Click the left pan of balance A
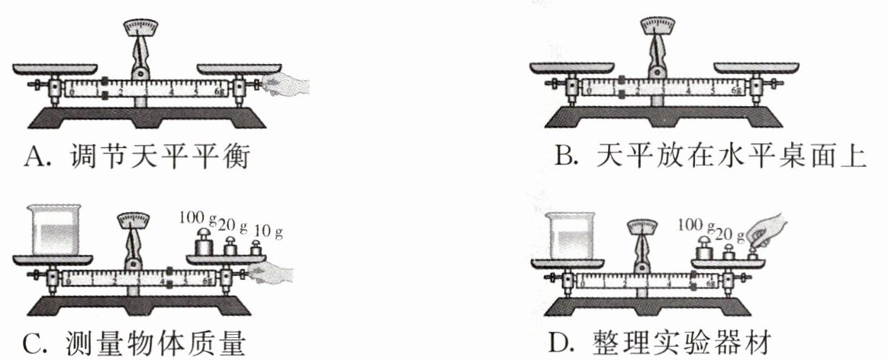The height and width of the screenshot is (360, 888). tap(55, 69)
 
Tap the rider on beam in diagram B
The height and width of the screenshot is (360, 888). tap(622, 85)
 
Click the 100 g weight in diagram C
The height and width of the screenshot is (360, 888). tap(204, 244)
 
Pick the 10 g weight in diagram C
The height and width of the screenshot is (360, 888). tap(255, 248)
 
